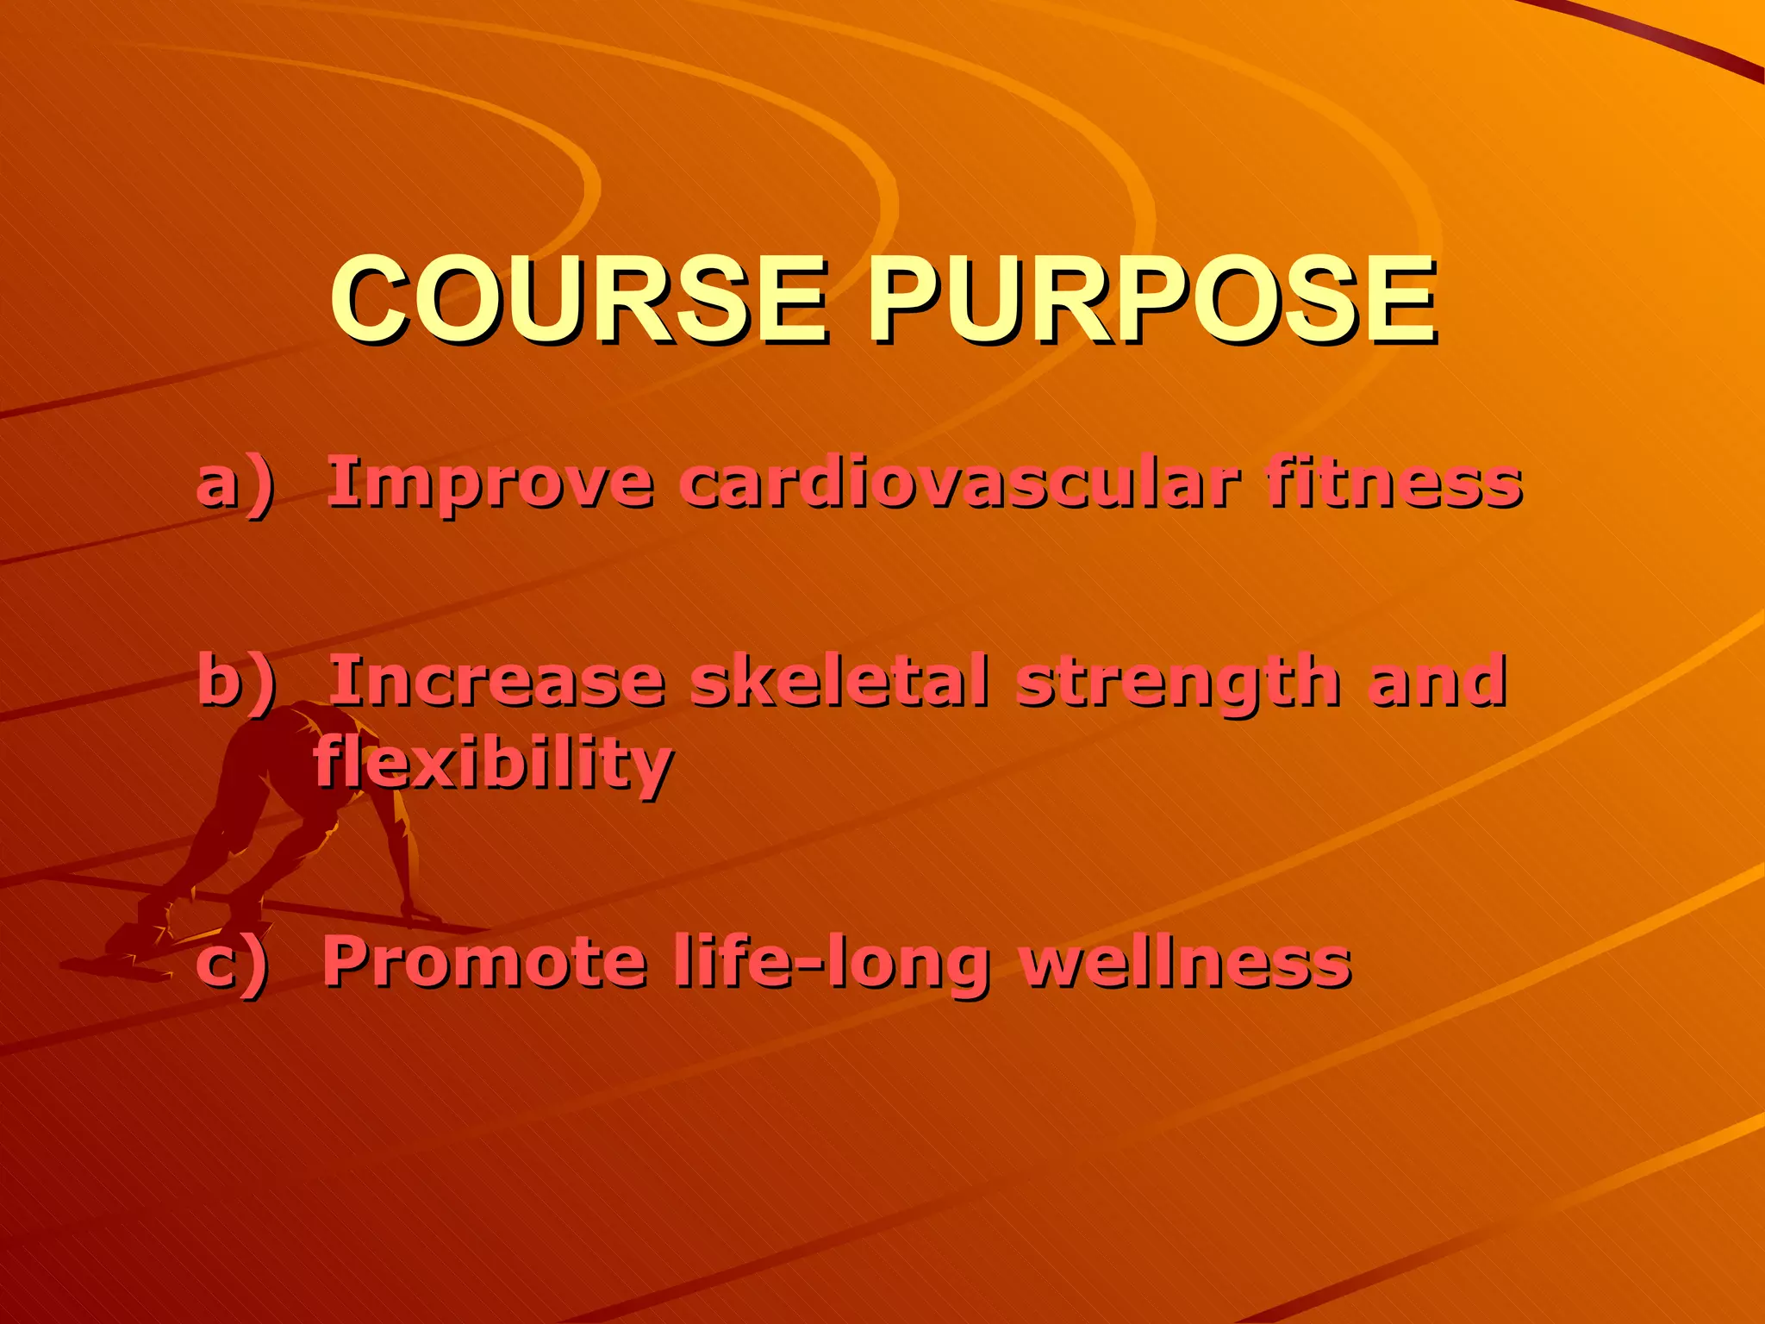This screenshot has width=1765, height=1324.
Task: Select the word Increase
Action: [x=496, y=681]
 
